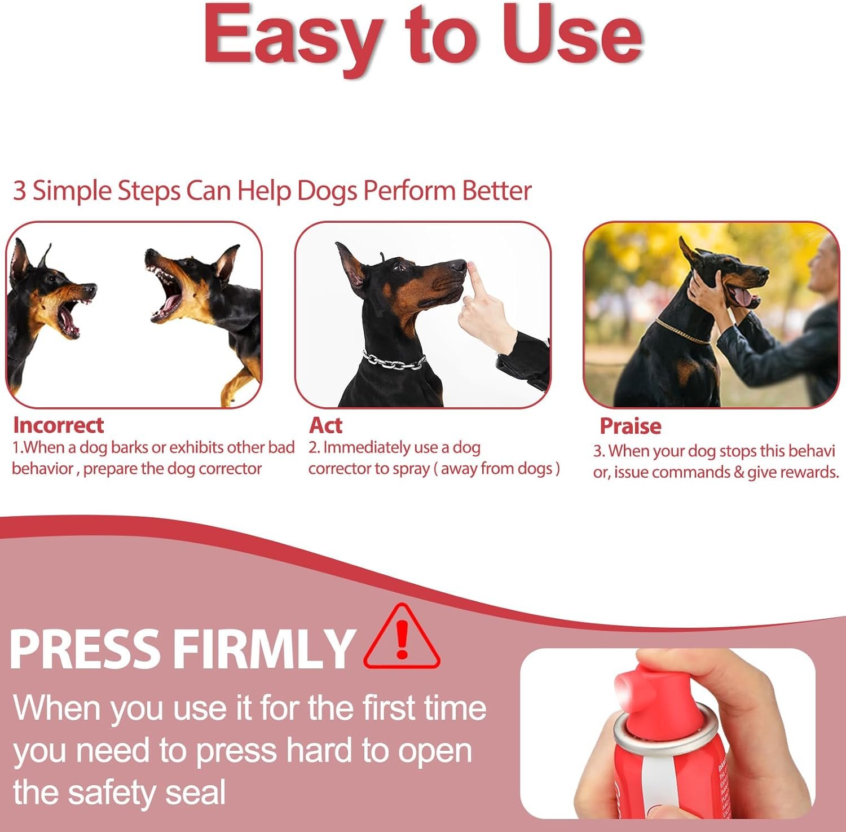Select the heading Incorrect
click(x=58, y=425)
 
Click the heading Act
click(x=325, y=425)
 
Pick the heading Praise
click(x=630, y=426)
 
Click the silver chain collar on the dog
click(x=394, y=361)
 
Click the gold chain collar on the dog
click(x=682, y=333)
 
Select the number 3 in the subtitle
click(x=19, y=191)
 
